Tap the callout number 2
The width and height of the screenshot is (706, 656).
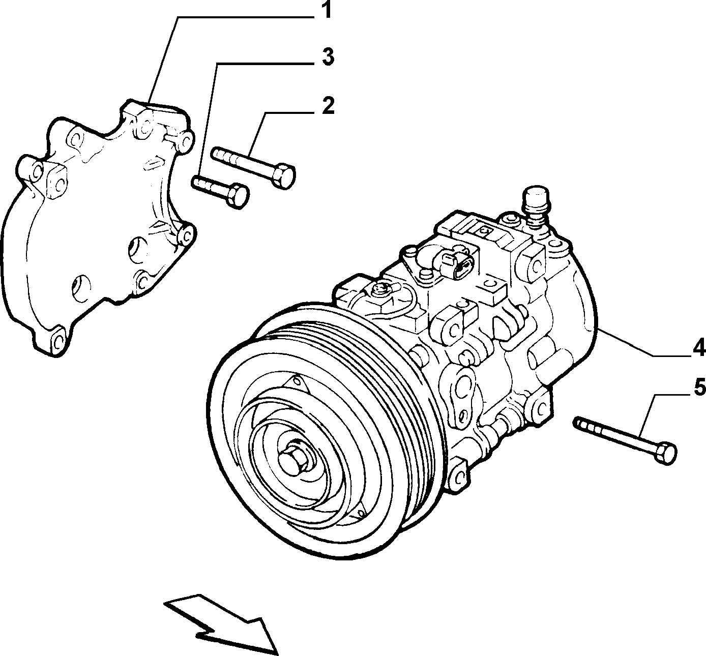coord(328,106)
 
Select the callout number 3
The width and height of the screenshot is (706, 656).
coord(328,57)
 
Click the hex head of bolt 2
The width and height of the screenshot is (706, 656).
coord(284,175)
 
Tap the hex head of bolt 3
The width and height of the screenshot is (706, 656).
coord(238,197)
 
